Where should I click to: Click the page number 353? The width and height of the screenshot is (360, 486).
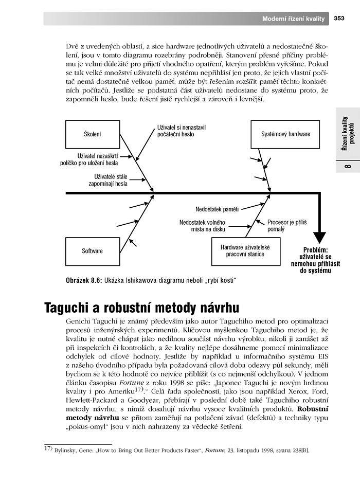pyautogui.click(x=339, y=19)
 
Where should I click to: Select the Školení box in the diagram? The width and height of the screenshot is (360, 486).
pyautogui.click(x=92, y=134)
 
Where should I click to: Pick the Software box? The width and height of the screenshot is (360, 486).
pyautogui.click(x=92, y=251)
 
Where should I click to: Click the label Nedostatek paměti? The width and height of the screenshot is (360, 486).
pyautogui.click(x=217, y=209)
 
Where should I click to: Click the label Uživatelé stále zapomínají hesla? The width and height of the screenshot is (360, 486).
pyautogui.click(x=107, y=179)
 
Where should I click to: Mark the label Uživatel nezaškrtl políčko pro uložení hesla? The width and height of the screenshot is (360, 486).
pyautogui.click(x=97, y=159)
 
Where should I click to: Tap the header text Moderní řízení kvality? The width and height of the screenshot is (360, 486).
pyautogui.click(x=293, y=19)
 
